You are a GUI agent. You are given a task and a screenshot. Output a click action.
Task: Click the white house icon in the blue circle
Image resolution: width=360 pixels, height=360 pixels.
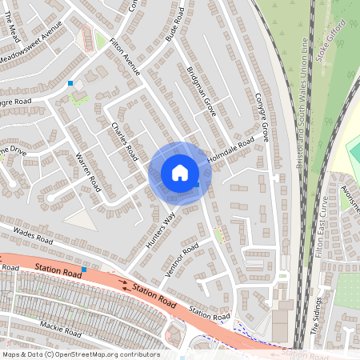click(x=180, y=173)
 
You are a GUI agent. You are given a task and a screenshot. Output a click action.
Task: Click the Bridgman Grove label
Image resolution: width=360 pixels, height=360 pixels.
click(x=200, y=89)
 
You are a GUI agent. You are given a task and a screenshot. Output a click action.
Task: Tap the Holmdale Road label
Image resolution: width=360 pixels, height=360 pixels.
click(x=237, y=150)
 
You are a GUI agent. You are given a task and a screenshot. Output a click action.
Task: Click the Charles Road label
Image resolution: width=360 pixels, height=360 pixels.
click(x=123, y=139)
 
